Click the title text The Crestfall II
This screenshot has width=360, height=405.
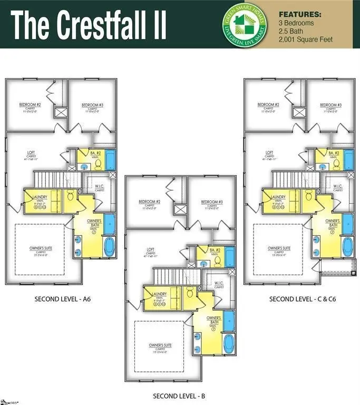click(x=89, y=24)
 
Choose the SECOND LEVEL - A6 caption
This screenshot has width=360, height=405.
click(x=63, y=299)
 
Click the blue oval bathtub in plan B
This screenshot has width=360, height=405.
click(x=229, y=343)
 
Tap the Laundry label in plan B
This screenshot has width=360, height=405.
click(x=159, y=294)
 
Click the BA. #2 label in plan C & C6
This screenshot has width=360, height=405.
click(x=333, y=153)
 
